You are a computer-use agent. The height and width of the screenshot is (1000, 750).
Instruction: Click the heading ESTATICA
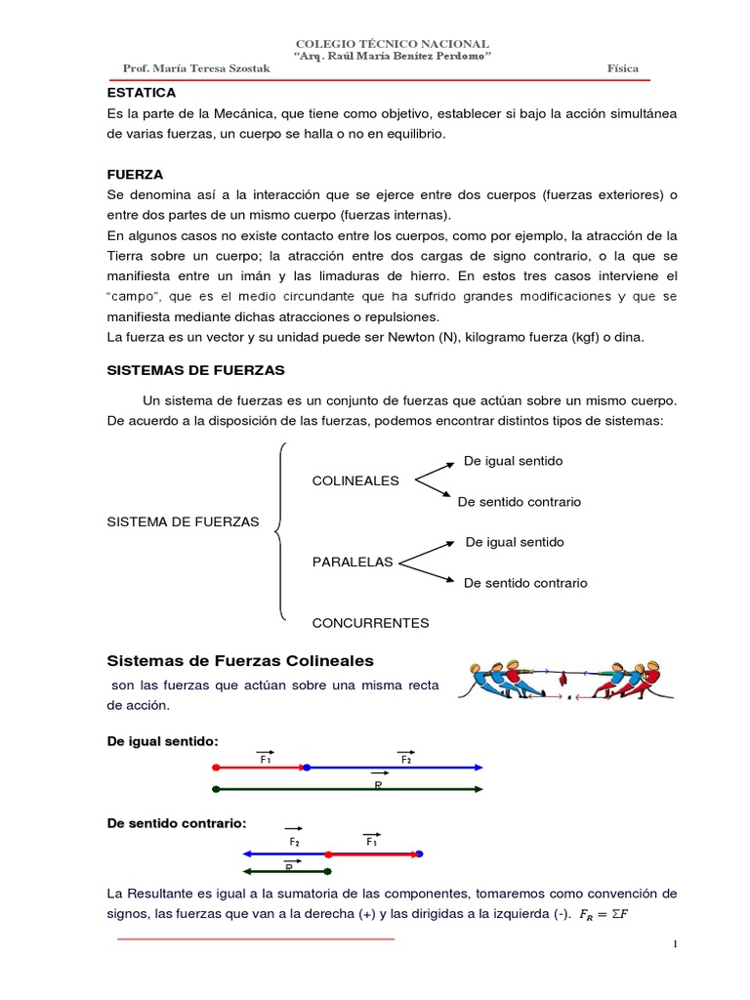coord(141,93)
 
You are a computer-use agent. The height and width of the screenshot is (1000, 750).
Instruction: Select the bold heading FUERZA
coord(135,174)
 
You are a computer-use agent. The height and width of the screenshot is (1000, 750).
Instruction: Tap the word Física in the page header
coord(622,69)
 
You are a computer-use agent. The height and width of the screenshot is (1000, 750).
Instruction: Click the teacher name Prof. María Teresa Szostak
coord(196,69)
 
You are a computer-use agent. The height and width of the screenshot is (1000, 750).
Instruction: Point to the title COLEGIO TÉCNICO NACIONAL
coord(393,44)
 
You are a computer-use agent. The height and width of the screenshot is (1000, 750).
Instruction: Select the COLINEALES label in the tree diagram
coord(355,480)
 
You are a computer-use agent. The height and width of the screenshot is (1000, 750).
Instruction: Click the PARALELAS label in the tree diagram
coord(353,562)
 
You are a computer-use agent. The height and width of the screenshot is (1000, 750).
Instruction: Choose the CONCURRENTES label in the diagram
coord(370,622)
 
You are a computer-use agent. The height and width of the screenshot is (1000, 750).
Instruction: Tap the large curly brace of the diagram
coord(280,531)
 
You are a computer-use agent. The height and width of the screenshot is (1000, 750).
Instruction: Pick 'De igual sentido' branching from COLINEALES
coord(513,461)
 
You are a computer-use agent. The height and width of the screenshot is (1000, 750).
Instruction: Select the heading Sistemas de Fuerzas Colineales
coord(240,661)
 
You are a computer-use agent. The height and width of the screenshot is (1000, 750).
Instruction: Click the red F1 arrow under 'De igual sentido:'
coord(259,768)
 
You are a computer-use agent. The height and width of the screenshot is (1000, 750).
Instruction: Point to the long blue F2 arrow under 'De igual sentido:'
coord(396,768)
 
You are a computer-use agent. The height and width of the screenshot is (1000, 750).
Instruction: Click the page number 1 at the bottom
coord(675,943)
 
